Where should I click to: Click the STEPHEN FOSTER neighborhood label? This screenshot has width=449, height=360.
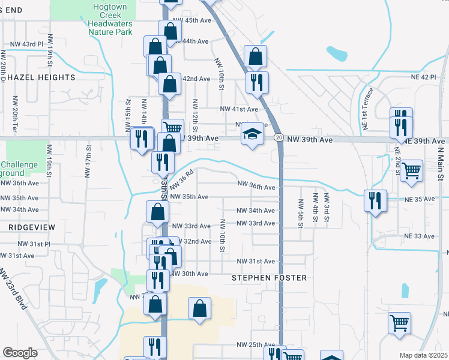(270, 278)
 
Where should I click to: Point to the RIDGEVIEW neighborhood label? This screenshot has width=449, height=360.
(32, 227)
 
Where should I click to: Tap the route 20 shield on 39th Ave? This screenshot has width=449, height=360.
(279, 138)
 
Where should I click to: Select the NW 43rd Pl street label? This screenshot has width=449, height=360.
(28, 44)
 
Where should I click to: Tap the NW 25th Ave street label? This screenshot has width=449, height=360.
(255, 344)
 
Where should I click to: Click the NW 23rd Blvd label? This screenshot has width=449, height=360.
(13, 290)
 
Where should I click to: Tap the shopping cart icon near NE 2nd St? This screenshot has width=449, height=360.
(412, 170)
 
